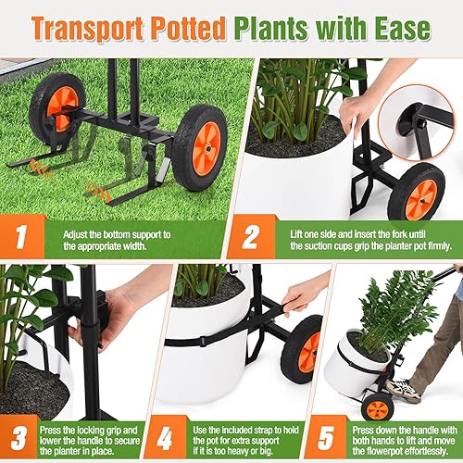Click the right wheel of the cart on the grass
click(x=199, y=145)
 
